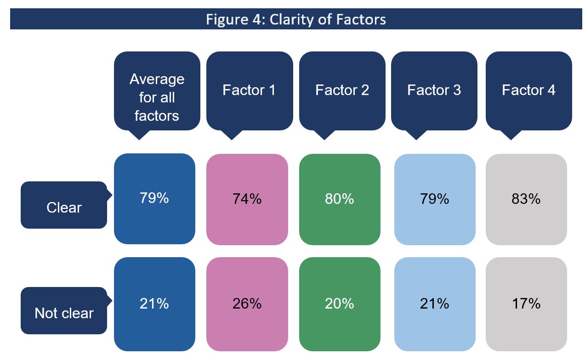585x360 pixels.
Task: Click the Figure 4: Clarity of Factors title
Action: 295,19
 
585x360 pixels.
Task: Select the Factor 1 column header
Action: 249,90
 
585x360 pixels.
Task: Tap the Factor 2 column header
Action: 342,90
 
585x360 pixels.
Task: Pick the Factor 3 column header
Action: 434,90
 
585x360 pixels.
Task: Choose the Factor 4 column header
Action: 528,90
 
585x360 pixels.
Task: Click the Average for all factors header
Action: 157,97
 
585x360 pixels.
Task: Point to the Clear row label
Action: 64,208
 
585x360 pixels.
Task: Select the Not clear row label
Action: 64,313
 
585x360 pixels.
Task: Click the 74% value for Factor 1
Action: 247,199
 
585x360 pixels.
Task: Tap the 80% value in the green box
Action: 339,199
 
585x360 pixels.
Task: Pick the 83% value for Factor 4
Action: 526,199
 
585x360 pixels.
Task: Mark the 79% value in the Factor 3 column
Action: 434,199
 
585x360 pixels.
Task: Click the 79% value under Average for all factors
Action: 154,198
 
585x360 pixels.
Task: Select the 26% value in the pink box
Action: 247,304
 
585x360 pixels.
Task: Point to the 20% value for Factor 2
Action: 339,304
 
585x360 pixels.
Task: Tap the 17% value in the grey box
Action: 526,304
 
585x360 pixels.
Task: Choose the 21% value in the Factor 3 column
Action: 434,304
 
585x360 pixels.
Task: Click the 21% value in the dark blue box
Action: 154,303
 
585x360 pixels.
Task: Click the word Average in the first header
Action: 157,79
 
